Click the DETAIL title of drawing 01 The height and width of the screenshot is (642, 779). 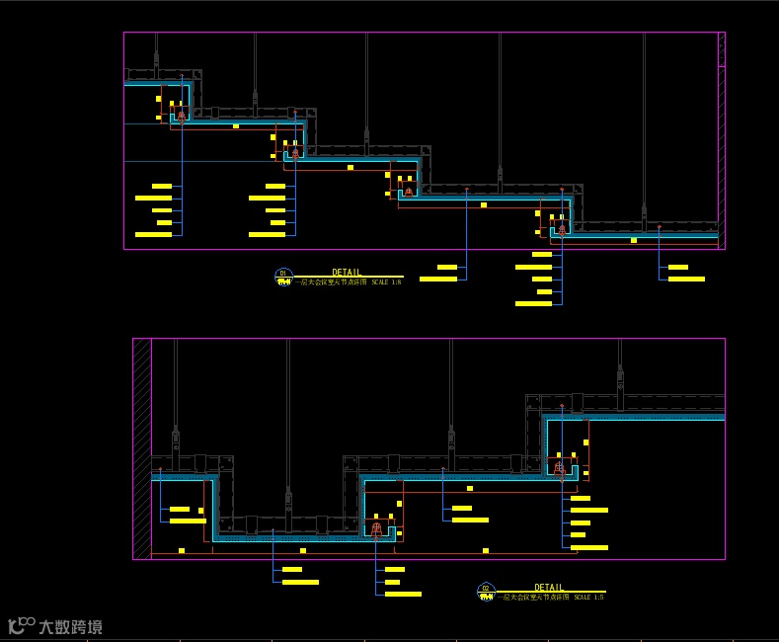coord(347,272)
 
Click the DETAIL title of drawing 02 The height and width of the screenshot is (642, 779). coord(549,587)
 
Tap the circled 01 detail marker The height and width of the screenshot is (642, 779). coord(283,277)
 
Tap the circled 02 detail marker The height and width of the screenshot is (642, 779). coord(486,592)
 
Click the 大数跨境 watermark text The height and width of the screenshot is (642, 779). coord(70,627)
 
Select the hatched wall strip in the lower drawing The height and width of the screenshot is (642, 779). coord(142,448)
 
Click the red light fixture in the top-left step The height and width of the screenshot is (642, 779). coord(181,116)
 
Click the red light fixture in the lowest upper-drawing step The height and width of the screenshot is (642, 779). coord(562,228)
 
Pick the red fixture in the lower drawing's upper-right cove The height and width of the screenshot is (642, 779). coord(560,468)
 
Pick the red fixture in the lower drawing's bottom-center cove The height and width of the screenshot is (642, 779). coord(376,529)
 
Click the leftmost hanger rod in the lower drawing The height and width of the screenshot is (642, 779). coord(176,395)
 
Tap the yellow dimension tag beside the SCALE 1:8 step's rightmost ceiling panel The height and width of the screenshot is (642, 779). coord(634,240)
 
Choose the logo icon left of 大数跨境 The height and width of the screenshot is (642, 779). coord(22,626)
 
